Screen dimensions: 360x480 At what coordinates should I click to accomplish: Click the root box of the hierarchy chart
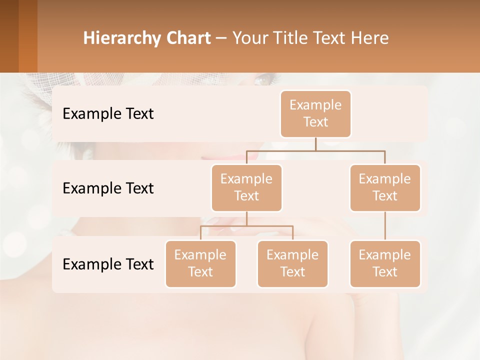click(x=315, y=114)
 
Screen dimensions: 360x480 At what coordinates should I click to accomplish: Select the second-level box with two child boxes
click(x=246, y=188)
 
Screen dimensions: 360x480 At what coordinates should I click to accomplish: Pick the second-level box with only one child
click(x=385, y=188)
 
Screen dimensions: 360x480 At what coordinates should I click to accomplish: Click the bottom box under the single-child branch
click(x=385, y=264)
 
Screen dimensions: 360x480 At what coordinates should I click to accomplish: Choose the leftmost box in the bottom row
click(x=200, y=264)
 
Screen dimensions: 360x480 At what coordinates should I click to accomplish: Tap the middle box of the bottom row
click(x=292, y=264)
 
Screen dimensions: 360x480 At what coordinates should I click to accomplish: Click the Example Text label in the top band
click(x=108, y=114)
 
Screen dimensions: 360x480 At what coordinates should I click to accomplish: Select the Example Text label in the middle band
click(x=108, y=188)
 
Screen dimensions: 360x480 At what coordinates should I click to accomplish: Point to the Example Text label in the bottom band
click(x=108, y=264)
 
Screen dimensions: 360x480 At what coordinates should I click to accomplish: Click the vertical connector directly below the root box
click(x=315, y=144)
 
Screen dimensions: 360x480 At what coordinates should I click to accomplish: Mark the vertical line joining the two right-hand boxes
click(x=385, y=226)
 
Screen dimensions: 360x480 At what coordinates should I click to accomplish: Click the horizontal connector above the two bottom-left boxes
click(x=246, y=226)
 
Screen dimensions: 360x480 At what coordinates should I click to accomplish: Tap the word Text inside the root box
click(x=315, y=122)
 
